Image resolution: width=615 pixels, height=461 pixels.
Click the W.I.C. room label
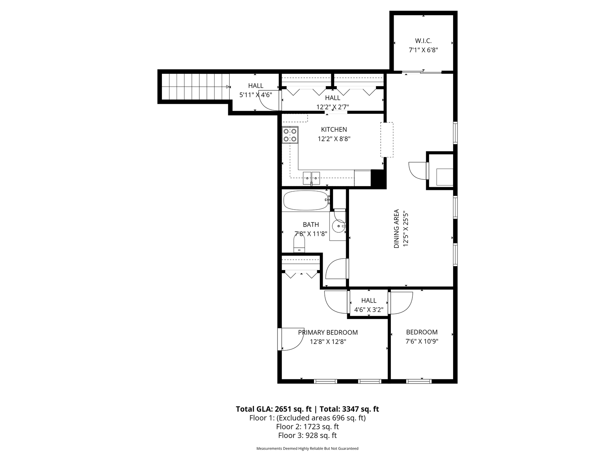coord(423,41)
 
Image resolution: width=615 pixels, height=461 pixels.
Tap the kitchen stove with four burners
coord(290,135)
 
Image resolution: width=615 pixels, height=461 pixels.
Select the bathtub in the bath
coord(306,200)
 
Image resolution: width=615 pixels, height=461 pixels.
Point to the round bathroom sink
coord(339,226)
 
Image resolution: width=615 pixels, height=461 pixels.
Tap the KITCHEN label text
coord(334,130)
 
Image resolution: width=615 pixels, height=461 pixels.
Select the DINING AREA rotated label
coord(397,229)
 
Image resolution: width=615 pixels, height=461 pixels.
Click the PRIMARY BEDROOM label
coord(328,332)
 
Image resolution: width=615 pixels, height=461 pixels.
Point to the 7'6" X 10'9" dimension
coord(422,341)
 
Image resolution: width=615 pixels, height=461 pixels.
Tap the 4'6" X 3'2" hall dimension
coord(369,309)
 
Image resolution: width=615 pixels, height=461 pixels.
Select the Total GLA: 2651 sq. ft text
coord(274,409)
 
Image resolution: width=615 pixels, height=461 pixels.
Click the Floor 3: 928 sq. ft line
coord(307,435)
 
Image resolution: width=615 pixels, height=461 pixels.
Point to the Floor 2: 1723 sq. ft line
coord(307,427)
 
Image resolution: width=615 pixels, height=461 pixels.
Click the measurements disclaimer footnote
coord(307,449)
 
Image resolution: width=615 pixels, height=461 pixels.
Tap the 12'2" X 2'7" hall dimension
coord(333,107)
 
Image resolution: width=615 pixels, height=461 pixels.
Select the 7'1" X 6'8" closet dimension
coord(423,50)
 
